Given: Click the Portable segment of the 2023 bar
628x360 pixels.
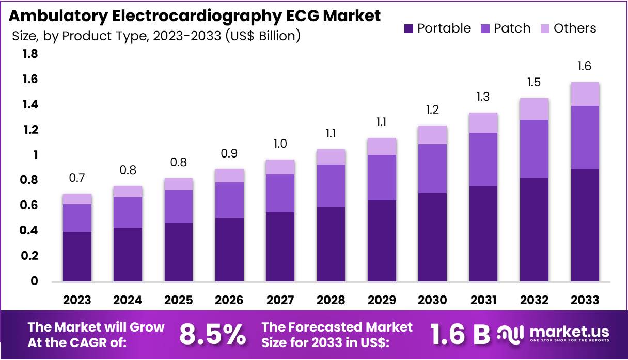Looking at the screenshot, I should [77, 257].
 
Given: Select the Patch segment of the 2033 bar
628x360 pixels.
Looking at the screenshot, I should [585, 137].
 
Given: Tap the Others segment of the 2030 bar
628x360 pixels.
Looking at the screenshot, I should [432, 135].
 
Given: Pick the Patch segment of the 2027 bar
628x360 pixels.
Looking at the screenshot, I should [280, 193].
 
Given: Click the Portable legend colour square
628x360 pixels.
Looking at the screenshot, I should [409, 28].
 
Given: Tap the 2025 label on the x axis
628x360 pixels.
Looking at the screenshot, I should [179, 300].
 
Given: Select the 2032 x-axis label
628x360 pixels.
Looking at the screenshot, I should [535, 300].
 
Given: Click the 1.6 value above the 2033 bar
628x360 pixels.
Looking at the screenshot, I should [585, 66].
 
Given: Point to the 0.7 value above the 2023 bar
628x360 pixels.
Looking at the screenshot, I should [77, 178].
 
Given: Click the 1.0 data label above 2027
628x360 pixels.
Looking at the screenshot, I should [280, 144].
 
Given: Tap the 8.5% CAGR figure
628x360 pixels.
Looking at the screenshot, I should [212, 335].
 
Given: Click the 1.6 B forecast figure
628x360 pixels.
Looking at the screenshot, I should [460, 335].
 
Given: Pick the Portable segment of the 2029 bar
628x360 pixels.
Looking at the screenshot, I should [382, 241].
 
